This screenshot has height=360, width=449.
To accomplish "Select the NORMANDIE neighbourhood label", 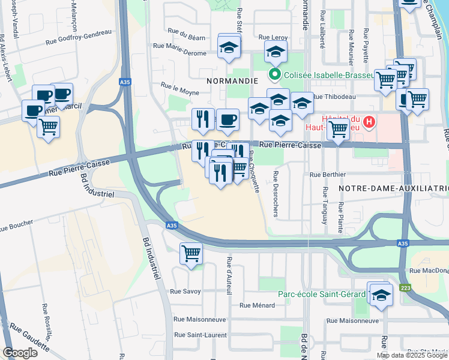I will [232, 80].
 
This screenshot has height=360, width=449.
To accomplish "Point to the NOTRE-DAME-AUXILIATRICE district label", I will [393, 188].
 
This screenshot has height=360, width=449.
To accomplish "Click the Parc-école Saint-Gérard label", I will [322, 294].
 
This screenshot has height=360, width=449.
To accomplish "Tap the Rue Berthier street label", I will [328, 175].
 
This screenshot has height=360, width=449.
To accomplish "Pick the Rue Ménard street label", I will [257, 305].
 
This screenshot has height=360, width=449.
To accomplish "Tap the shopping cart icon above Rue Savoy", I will [191, 253].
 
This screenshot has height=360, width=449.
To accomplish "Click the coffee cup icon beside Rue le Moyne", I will [227, 119].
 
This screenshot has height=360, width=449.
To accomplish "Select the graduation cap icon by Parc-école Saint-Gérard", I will [381, 295].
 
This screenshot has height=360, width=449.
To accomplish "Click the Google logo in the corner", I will [20, 353].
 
